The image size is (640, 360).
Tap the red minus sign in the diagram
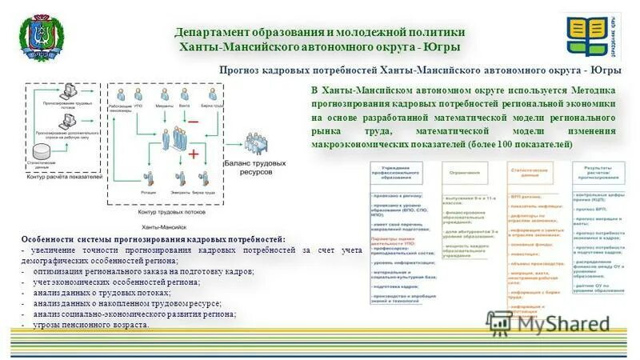tap(193, 121)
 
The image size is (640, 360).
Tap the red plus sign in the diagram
tap(193, 153)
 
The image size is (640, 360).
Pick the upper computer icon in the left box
tap(70, 93)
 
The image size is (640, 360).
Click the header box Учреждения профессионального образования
tap(402, 172)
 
